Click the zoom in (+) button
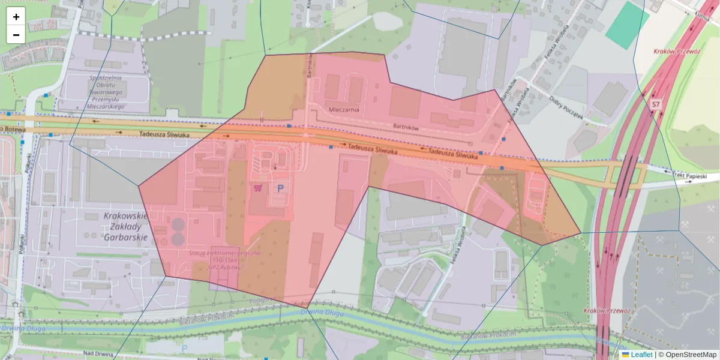16,17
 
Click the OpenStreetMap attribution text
687,355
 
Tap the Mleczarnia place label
344,110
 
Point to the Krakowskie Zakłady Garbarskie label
125,226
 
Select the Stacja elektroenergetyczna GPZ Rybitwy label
225,260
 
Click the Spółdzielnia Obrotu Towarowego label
106,92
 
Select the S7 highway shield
656,104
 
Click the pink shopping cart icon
258,188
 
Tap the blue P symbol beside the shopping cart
280,188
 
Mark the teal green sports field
627,25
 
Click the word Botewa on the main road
12,128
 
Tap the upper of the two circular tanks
178,225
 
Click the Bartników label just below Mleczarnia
405,127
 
